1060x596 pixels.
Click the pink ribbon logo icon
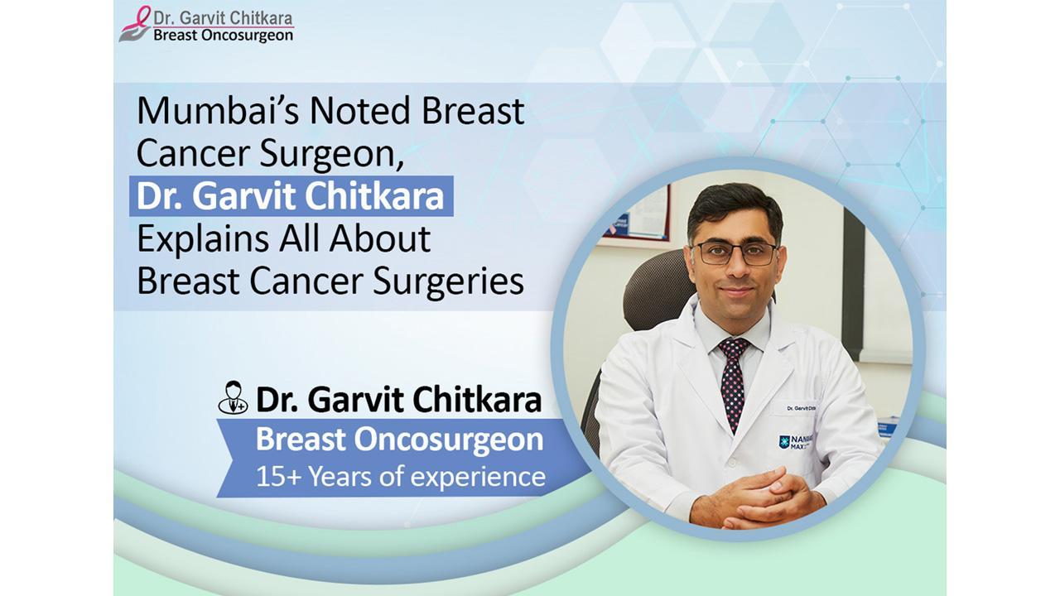pyautogui.click(x=134, y=24)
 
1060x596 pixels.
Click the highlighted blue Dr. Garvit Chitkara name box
pyautogui.click(x=291, y=196)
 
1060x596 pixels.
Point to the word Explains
pyautogui.click(x=204, y=239)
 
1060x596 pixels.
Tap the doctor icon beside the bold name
pyautogui.click(x=233, y=398)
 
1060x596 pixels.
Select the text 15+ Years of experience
pyautogui.click(x=400, y=476)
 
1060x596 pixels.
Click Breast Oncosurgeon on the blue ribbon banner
pyautogui.click(x=399, y=440)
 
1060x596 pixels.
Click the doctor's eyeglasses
pyautogui.click(x=735, y=253)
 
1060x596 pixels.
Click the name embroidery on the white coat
pyautogui.click(x=801, y=408)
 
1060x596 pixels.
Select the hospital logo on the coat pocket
pyautogui.click(x=794, y=443)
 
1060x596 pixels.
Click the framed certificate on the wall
pyautogui.click(x=638, y=215)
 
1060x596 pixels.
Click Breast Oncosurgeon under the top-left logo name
pyautogui.click(x=223, y=36)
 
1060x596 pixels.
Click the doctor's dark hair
pyautogui.click(x=734, y=206)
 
